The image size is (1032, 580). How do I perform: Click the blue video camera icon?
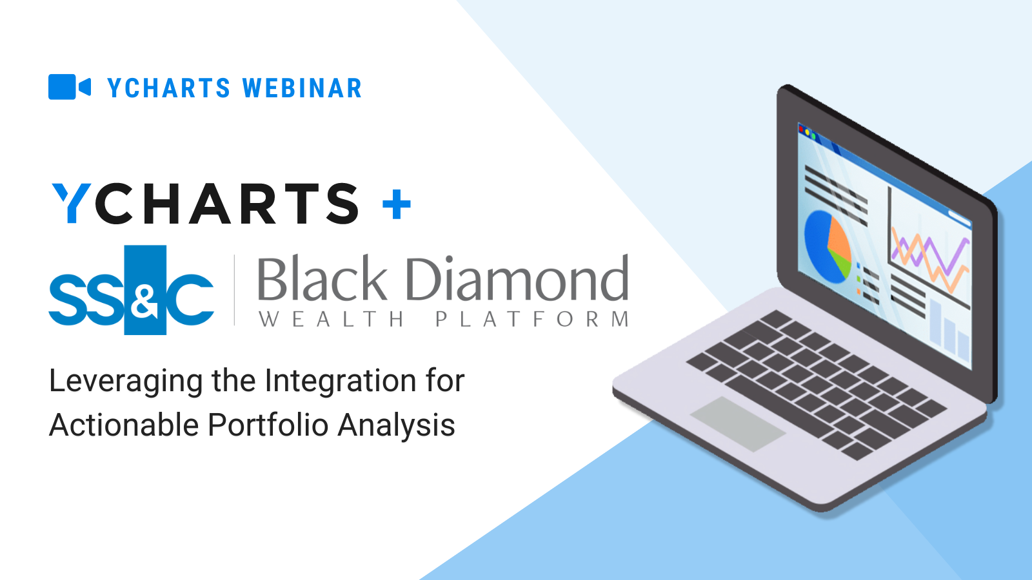pos(69,86)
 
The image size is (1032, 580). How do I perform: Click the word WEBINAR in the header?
pos(303,88)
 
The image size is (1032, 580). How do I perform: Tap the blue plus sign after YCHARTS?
pos(396,204)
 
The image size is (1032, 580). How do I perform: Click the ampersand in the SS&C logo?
pos(144,302)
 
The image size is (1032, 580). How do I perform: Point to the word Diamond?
pos(517,278)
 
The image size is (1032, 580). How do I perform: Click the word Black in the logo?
pos(322,278)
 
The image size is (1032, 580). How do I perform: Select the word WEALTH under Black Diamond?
pos(332,319)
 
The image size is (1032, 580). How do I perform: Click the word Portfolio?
pos(267,425)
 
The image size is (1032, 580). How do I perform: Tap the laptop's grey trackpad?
pos(738,423)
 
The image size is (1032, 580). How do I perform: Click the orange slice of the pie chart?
pos(838,237)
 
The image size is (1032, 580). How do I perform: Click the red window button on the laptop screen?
pos(801,129)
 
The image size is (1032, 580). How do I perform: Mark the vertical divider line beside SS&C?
pos(235,290)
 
